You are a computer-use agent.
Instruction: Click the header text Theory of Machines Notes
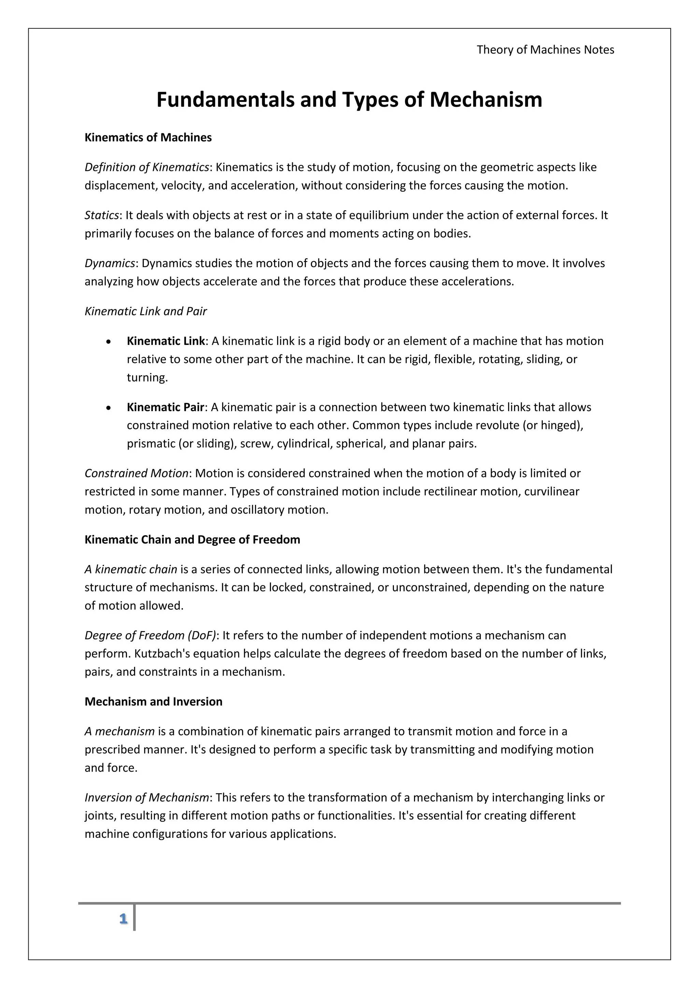coord(545,50)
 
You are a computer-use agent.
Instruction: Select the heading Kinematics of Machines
coord(148,138)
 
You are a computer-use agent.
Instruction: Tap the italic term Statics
coord(102,215)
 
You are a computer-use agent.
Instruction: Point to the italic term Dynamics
coord(110,263)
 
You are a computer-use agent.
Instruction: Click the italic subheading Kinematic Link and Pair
coord(145,311)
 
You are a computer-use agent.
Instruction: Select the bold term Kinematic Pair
coord(165,407)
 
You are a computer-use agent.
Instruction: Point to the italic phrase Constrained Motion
coord(137,473)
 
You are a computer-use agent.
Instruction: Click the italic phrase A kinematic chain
coord(131,569)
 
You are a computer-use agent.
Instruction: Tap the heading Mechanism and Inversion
coord(154,701)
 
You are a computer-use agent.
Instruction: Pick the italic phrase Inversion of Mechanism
coord(147,797)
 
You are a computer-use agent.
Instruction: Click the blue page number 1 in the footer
coord(124,919)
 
